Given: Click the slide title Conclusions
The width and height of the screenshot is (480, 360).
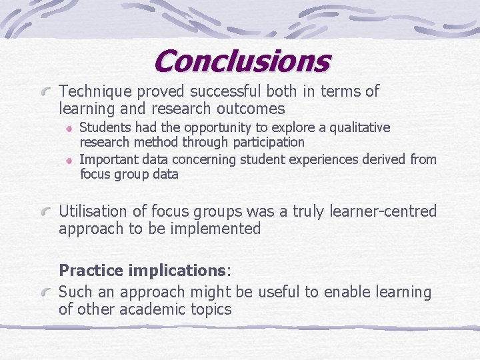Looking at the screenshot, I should tap(241, 61).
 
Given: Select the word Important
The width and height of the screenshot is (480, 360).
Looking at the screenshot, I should tap(107, 159).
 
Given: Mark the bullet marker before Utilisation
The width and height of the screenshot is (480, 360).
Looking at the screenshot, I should tap(47, 211).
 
